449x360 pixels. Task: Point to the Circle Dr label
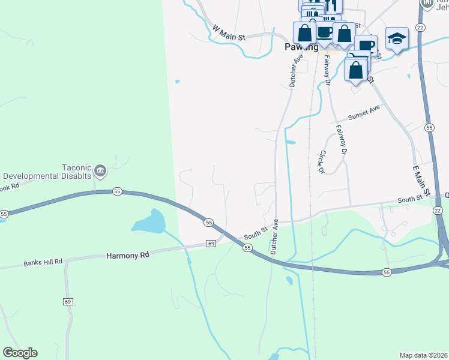click(321, 162)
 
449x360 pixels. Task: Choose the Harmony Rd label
click(127, 255)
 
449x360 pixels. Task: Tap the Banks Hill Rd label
click(43, 263)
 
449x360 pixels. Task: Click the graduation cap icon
click(397, 39)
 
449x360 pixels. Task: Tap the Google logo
click(20, 353)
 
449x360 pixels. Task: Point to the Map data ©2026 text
click(424, 355)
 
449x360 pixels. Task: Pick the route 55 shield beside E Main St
click(429, 128)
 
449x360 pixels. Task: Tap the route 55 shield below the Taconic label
click(117, 191)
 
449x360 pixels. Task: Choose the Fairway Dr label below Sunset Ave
click(342, 140)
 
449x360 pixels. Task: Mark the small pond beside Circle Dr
click(291, 143)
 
